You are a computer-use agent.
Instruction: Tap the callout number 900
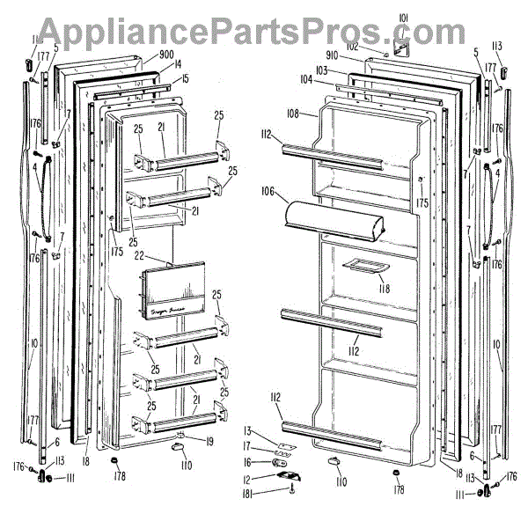[166, 54]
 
